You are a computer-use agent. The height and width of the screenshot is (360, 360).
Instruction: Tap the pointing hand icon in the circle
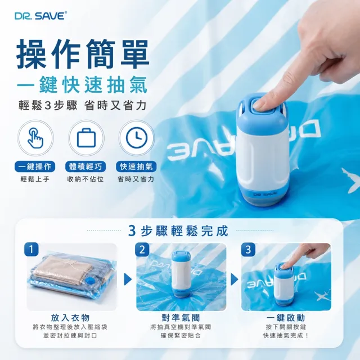[35, 138]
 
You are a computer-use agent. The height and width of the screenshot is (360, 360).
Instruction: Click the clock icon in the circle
[137, 138]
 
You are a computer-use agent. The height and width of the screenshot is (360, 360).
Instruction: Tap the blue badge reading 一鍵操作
[35, 166]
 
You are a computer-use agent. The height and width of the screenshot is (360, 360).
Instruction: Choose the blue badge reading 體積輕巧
[85, 166]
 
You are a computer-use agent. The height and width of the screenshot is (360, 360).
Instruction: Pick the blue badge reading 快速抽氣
[136, 166]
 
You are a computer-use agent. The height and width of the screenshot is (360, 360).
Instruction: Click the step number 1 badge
[31, 249]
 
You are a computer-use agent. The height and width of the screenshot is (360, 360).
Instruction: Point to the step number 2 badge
[142, 249]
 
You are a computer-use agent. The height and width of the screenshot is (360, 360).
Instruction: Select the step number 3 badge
[248, 249]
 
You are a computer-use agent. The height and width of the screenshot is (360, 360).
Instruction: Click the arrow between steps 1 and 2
[128, 280]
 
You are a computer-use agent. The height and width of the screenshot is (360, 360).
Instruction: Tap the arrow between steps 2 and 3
[234, 280]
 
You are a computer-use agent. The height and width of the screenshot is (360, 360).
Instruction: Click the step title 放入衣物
[70, 318]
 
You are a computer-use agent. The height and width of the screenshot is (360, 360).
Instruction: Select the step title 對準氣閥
[181, 318]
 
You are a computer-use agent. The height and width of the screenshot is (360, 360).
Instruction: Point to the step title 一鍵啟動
[286, 318]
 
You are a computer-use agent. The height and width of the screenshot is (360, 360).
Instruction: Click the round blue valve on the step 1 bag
[91, 281]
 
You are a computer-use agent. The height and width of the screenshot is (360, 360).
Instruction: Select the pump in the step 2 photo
[181, 274]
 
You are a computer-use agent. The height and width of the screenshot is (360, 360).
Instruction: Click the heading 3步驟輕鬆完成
[178, 231]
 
